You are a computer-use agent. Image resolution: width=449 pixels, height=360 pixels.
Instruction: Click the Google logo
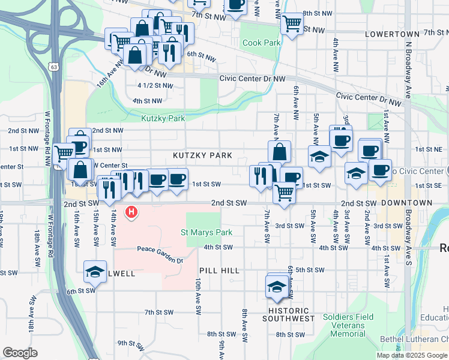click(20, 353)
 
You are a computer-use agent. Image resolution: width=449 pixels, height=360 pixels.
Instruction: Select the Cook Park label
click(261, 43)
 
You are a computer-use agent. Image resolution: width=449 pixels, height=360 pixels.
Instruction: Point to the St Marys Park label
click(206, 232)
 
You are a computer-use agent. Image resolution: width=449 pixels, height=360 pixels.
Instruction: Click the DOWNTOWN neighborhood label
click(406, 203)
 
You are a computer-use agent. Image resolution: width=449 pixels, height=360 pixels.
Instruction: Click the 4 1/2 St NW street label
click(155, 86)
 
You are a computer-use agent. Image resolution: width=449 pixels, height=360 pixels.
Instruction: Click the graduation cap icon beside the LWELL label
click(95, 272)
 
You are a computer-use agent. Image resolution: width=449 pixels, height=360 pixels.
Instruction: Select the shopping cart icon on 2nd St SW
click(284, 193)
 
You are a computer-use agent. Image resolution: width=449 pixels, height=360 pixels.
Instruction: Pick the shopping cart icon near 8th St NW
click(292, 23)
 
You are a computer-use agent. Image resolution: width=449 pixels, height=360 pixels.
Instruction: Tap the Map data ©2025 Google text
click(411, 355)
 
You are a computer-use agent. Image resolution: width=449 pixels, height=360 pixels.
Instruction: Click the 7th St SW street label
click(158, 313)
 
